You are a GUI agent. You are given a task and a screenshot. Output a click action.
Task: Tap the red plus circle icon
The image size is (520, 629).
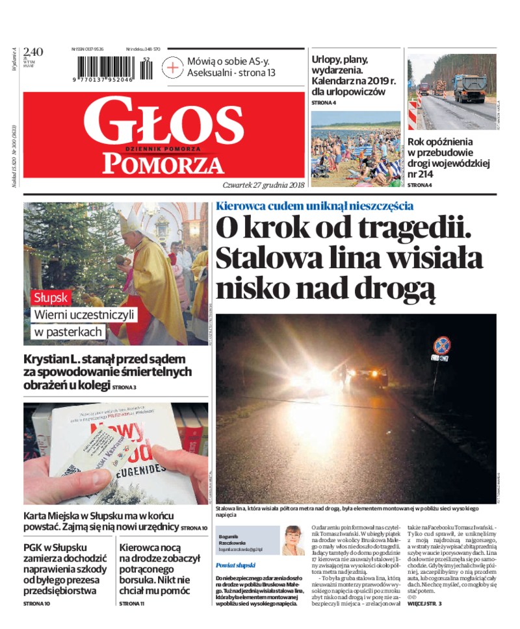coord(173,67)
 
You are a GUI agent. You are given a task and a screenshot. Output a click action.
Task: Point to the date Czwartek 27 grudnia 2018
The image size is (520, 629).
coord(263,185)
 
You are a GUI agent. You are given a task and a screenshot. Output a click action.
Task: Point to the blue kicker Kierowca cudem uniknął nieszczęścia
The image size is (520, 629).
coord(315,206)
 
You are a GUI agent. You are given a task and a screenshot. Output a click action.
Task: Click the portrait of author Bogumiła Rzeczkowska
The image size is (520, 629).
coord(293,540)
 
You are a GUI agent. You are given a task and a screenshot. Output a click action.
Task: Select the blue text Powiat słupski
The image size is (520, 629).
coord(235,565)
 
